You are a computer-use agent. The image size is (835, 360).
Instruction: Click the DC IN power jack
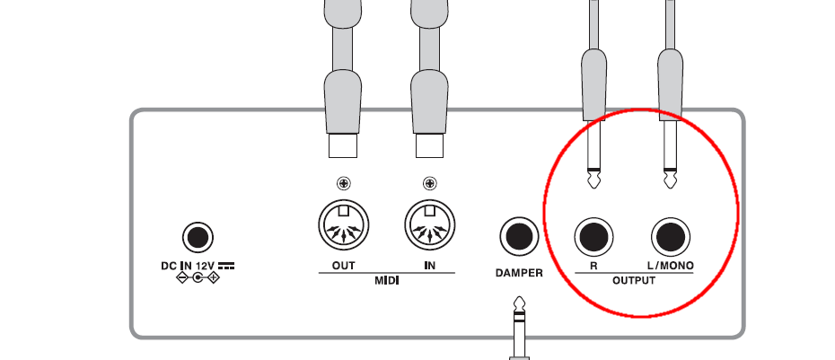coord(198,238)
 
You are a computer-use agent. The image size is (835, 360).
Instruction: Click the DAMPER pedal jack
coord(518,238)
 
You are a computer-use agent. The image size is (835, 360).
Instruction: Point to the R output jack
coord(593,238)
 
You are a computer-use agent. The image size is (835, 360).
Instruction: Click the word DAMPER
coord(518,272)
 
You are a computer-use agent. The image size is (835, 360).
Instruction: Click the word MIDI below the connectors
coord(386,282)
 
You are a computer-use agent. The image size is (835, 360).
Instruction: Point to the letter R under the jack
coord(593,268)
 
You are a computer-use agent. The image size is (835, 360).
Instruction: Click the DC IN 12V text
coord(190,266)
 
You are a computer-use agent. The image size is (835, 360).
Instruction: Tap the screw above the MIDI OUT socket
coord(343,185)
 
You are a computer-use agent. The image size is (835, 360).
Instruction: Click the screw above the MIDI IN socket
coord(430,185)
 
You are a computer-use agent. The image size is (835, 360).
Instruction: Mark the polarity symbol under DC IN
coord(198,278)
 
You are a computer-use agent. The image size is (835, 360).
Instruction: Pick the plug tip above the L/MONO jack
coord(670,179)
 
